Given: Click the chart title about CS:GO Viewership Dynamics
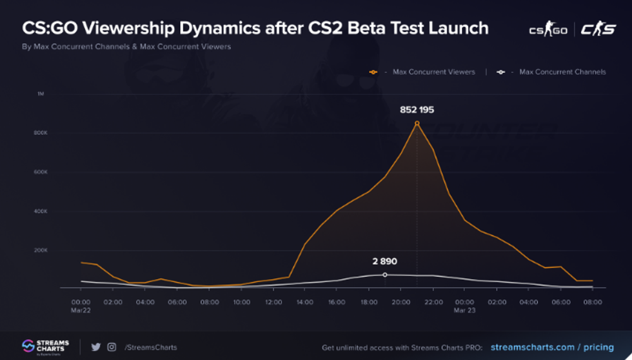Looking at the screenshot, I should click(255, 28).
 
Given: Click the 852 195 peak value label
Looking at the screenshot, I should click(417, 110).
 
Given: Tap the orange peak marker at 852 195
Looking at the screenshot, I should click(417, 123).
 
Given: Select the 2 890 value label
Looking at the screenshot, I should click(385, 261).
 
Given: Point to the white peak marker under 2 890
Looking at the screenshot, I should click(385, 275).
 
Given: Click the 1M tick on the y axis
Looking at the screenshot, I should click(41, 94).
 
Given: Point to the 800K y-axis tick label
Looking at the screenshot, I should click(41, 133).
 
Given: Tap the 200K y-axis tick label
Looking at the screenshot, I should click(41, 250).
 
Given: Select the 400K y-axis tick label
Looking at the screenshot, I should click(41, 211).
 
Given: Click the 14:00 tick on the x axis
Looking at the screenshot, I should click(305, 301).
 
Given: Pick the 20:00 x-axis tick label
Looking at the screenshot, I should click(401, 301).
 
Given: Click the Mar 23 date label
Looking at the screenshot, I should click(464, 310).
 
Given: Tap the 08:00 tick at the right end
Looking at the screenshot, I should click(593, 301).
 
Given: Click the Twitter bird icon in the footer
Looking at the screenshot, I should click(96, 347).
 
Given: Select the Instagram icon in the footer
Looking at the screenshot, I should click(112, 347).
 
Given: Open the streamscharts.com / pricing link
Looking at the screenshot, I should click(552, 348).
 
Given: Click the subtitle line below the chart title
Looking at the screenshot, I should click(126, 46).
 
